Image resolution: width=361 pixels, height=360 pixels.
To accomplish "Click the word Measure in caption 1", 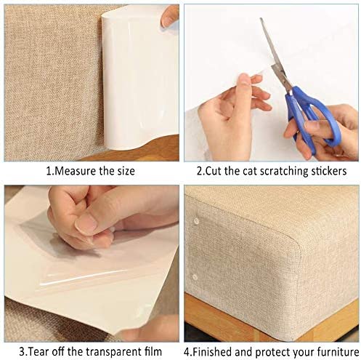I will [73, 173].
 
